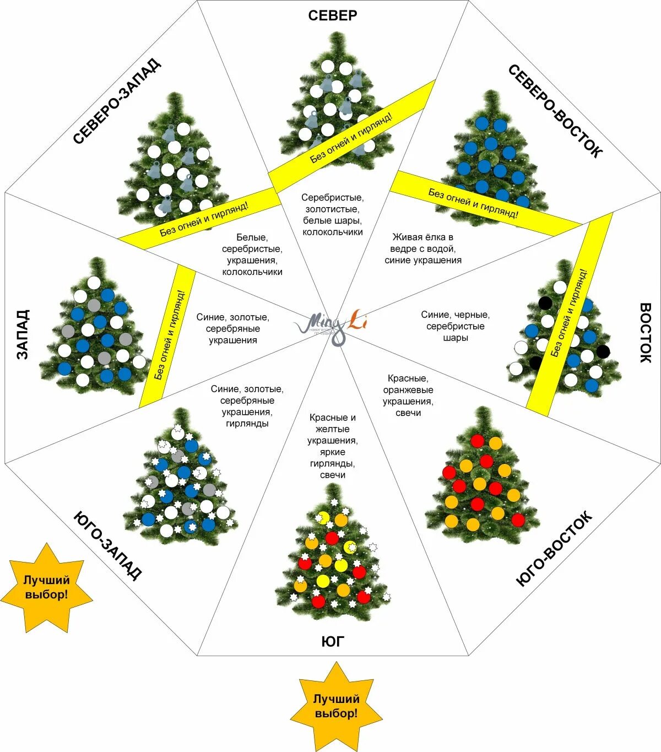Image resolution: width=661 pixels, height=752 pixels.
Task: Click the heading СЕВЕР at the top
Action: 332,15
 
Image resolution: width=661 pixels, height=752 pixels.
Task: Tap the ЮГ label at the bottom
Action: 333,641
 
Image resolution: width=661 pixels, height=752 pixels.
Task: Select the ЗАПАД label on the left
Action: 22,334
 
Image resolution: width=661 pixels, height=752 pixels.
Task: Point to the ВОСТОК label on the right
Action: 645,332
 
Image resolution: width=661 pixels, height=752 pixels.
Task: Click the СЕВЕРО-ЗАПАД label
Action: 117,101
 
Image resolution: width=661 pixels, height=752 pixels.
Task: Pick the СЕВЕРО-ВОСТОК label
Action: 555,111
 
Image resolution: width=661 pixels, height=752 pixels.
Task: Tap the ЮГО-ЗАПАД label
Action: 108,545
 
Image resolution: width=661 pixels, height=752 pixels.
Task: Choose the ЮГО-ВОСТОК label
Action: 554,549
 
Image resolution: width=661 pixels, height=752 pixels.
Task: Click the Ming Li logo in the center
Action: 331,325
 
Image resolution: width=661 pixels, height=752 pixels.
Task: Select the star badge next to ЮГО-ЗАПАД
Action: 47,588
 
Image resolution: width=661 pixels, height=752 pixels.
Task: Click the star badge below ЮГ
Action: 336,707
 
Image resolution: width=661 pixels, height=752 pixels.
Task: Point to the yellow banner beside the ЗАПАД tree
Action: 168,336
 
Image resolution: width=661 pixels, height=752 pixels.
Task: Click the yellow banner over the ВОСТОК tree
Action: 570,314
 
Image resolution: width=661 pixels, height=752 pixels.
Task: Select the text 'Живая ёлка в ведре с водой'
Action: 422,248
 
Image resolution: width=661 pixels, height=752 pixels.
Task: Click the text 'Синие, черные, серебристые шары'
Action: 455,326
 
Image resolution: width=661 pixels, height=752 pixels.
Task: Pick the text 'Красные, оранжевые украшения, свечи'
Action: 408,396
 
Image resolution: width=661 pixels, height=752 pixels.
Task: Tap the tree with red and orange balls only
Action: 482,479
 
